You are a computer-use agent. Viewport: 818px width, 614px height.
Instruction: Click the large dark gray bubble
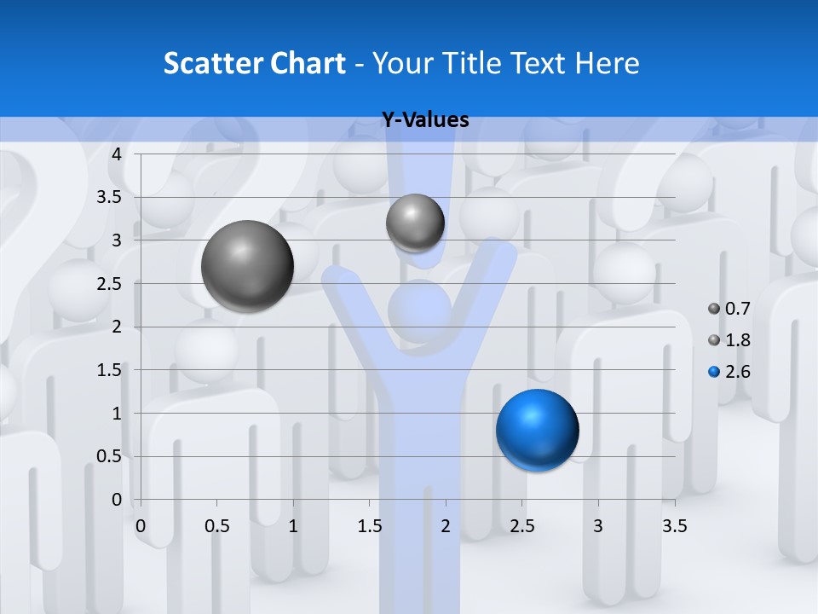(248, 266)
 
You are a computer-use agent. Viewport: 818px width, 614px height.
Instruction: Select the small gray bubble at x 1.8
(415, 223)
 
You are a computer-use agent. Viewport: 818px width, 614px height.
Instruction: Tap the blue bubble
(537, 430)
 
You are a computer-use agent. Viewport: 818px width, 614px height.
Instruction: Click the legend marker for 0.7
(714, 309)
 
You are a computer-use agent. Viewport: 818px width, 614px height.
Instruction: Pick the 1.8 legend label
(737, 340)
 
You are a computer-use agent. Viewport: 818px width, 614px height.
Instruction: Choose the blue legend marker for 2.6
(714, 372)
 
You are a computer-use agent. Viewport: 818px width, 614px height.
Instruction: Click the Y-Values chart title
(424, 120)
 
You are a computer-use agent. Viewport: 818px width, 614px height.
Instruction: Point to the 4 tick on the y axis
(117, 154)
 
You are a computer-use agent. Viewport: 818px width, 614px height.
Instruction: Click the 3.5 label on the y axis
(110, 198)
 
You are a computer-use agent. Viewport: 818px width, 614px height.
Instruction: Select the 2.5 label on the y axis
(110, 284)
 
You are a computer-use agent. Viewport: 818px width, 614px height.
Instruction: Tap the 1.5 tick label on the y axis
(110, 370)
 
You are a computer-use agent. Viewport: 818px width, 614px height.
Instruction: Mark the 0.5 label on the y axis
(110, 456)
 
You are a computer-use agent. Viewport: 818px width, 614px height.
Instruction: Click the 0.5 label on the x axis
(217, 526)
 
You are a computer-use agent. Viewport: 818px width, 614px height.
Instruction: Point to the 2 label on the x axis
(446, 526)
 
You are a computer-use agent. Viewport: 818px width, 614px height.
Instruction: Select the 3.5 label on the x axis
(674, 526)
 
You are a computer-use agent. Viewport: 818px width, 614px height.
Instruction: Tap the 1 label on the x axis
(293, 526)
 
